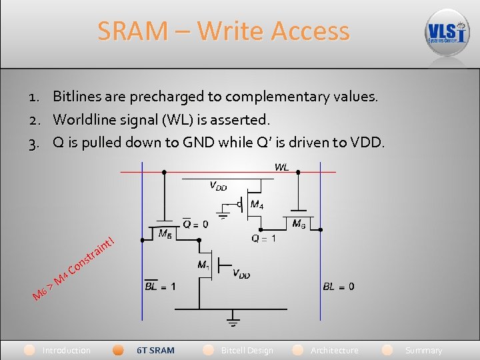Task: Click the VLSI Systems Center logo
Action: [x=447, y=32]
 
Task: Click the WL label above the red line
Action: [x=281, y=167]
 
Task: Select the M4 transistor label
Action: [x=256, y=205]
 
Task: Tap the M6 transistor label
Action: [x=299, y=224]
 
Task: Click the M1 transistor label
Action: [x=204, y=265]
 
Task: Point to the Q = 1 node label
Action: [x=263, y=238]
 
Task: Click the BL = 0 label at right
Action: [x=339, y=287]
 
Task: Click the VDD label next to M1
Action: [x=242, y=273]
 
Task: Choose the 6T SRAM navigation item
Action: [x=155, y=350]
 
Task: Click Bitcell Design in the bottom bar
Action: [x=247, y=350]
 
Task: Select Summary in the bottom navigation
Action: [x=423, y=350]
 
